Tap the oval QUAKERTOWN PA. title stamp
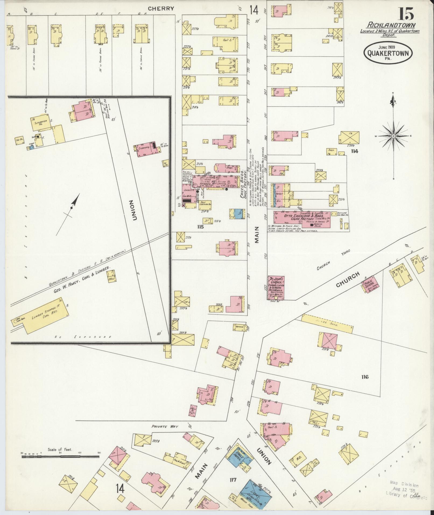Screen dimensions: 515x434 pyautogui.click(x=388, y=52)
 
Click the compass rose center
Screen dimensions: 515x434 pyautogui.click(x=393, y=136)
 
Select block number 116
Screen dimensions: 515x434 pyautogui.click(x=365, y=377)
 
